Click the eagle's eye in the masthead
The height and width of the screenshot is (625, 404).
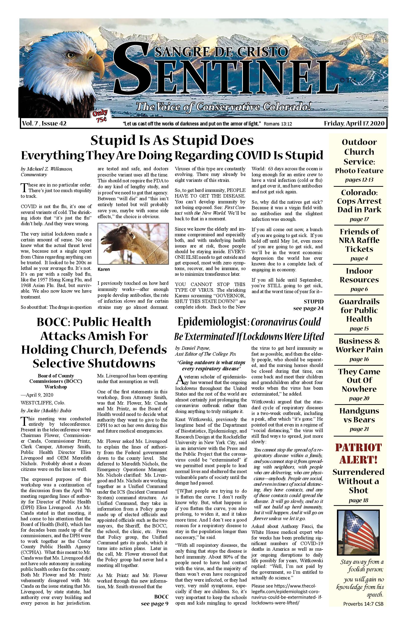coord(70,55)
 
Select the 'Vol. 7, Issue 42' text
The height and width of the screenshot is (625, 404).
coord(44,124)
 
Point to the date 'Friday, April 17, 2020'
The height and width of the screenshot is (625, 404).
coord(354,124)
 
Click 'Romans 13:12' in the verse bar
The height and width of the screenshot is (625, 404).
coord(278,124)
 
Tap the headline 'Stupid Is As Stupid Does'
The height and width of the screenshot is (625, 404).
coord(172,140)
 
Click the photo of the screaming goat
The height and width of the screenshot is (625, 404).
coord(133,244)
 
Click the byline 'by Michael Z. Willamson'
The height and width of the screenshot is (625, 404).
coord(47,169)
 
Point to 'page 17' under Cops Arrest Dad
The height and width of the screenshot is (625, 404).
coord(359,219)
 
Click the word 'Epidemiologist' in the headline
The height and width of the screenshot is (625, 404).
coord(212,322)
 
